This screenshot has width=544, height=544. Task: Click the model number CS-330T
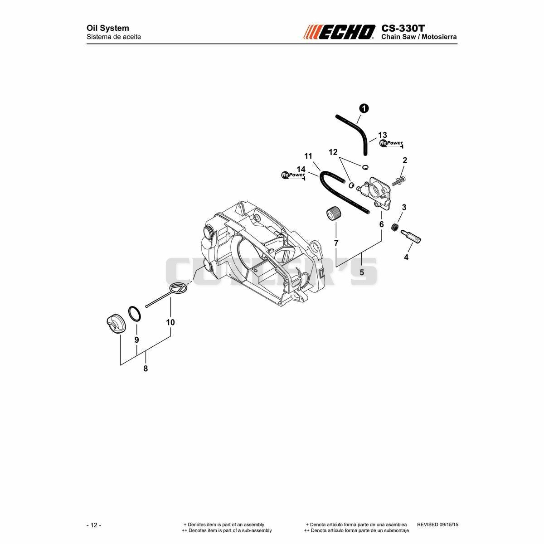tap(403, 28)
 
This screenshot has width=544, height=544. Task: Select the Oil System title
tap(107, 28)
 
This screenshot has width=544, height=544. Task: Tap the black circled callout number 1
tap(364, 108)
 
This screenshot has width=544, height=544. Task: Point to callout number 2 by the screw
tap(405, 160)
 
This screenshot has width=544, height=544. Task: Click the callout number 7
tap(336, 243)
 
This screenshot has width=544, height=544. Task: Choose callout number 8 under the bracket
tap(146, 369)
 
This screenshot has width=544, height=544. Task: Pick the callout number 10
tap(170, 322)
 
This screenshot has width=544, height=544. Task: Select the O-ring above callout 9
tap(135, 313)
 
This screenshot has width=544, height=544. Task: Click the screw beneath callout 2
tap(398, 181)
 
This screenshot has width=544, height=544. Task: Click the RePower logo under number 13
tap(391, 143)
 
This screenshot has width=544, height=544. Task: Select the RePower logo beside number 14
tap(293, 175)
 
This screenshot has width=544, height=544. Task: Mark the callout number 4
tap(406, 257)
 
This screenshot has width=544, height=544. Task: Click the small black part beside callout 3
tap(395, 227)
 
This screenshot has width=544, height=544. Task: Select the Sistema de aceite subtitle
tap(114, 37)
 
